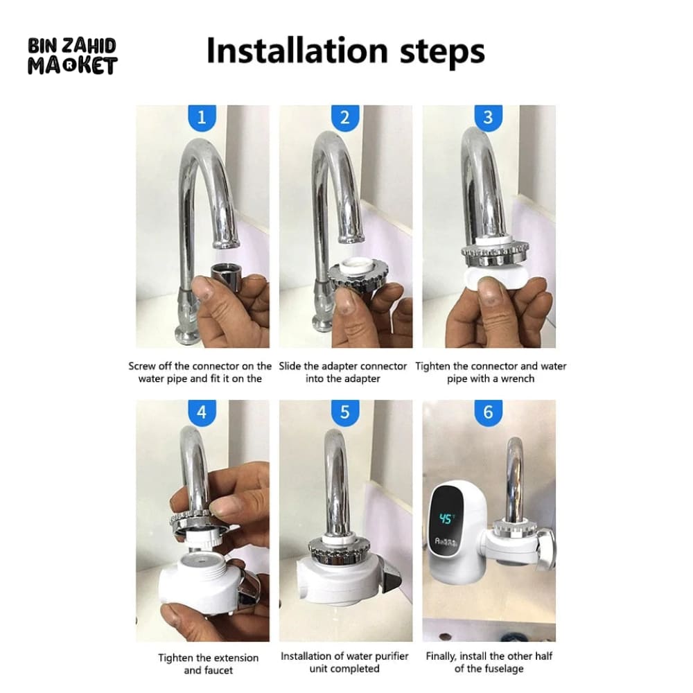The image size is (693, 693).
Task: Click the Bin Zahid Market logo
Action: pyautogui.click(x=72, y=57)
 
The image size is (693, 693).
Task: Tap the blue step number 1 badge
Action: pyautogui.click(x=202, y=117)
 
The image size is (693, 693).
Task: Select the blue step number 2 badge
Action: pyautogui.click(x=345, y=117)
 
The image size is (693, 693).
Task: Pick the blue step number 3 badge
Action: pyautogui.click(x=488, y=117)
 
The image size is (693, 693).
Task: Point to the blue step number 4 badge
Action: pyautogui.click(x=202, y=412)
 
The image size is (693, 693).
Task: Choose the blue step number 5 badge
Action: pyautogui.click(x=345, y=412)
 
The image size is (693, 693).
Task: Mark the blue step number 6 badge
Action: pyautogui.click(x=488, y=412)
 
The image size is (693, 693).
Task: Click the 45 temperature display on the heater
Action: pyautogui.click(x=446, y=519)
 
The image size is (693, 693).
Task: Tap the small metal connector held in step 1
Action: pyautogui.click(x=226, y=274)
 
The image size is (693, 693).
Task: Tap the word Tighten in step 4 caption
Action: pyautogui.click(x=175, y=658)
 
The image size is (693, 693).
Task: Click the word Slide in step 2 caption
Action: pyautogui.click(x=291, y=366)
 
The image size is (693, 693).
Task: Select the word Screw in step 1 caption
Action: pyautogui.click(x=143, y=366)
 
